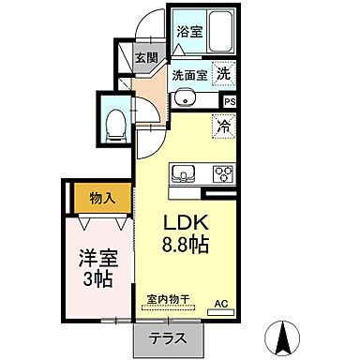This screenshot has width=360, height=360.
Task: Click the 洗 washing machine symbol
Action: point(224,73)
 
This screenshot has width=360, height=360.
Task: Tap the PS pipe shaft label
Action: point(230,101)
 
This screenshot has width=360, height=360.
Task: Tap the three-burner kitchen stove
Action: point(222,173)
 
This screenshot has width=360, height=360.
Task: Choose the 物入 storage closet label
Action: point(102,198)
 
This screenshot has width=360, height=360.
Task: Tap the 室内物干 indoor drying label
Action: point(168,300)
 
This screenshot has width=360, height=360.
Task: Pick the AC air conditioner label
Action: point(222,303)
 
